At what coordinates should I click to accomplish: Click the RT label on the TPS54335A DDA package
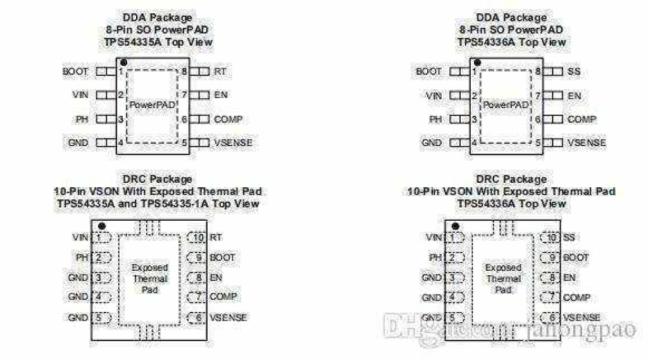(220, 71)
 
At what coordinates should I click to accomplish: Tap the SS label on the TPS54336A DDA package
(574, 71)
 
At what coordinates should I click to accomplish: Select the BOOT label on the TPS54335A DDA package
(75, 71)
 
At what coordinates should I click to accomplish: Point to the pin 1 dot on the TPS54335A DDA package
(123, 63)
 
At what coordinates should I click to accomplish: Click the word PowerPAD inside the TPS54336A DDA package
(506, 105)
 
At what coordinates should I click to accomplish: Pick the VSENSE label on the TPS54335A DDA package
(233, 142)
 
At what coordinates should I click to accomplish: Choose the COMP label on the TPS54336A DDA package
(582, 120)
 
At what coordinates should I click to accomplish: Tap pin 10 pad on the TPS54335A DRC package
(196, 237)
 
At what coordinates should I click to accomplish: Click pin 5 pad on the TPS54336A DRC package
(455, 318)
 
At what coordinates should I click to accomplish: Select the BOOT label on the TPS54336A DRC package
(576, 258)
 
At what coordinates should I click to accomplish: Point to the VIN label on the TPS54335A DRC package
(80, 237)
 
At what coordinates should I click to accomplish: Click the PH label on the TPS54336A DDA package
(435, 120)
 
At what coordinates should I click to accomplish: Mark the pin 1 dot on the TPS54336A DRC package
(456, 226)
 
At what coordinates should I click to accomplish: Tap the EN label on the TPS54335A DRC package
(216, 277)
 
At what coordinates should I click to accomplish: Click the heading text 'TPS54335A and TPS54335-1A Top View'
(158, 204)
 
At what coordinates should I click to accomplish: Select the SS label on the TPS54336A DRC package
(569, 237)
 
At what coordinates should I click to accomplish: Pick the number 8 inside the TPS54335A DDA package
(184, 71)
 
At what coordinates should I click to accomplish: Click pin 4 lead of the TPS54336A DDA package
(459, 142)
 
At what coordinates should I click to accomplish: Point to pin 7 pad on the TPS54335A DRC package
(196, 296)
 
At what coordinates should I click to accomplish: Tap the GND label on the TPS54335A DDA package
(78, 142)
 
